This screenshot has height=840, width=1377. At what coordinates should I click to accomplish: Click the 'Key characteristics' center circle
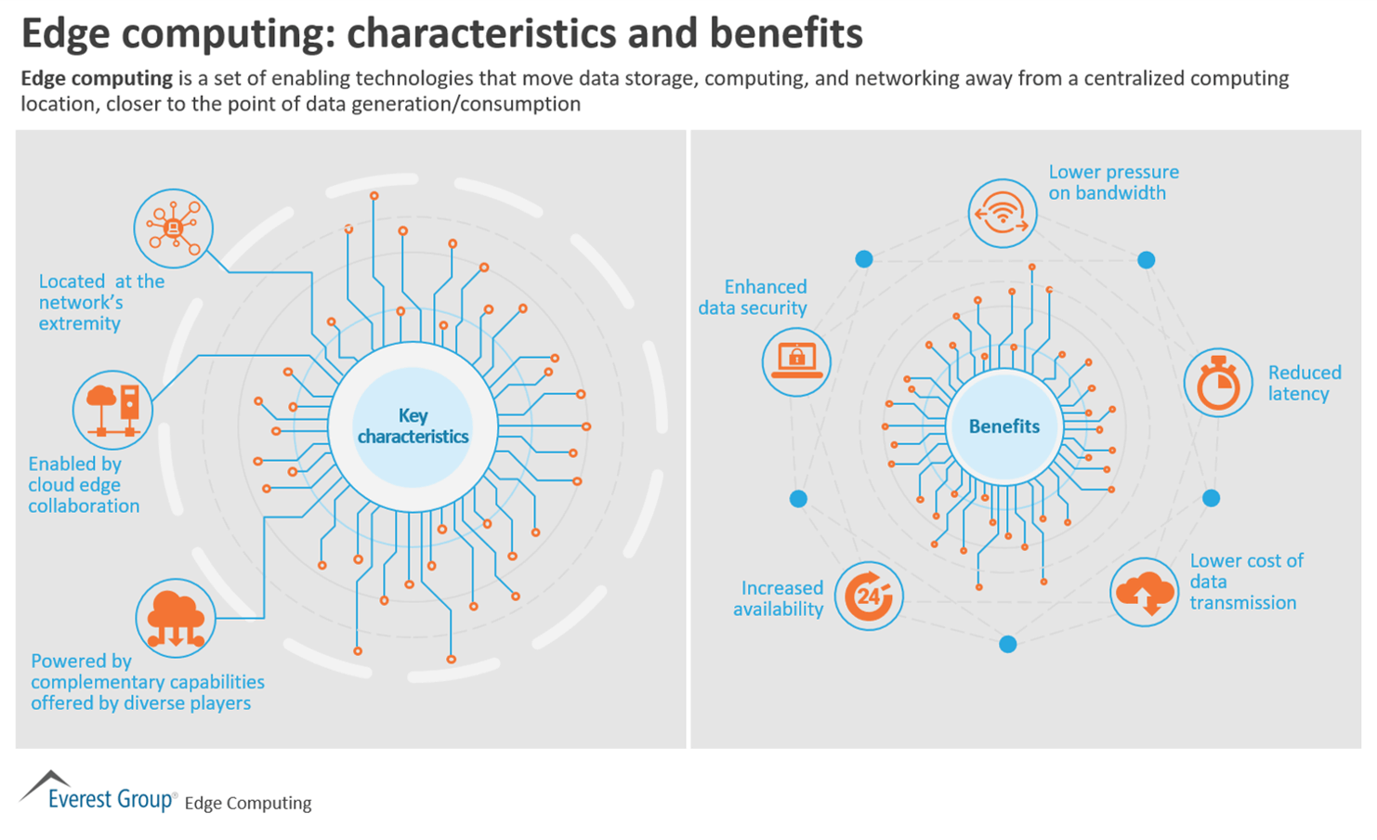[413, 427]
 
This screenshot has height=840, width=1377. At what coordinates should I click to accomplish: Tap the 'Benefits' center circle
[1003, 427]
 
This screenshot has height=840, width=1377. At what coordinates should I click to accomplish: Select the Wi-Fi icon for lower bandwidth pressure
[1002, 214]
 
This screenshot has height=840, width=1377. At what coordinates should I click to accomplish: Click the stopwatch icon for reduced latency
[1217, 383]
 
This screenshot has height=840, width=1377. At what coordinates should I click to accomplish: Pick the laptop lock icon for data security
[796, 361]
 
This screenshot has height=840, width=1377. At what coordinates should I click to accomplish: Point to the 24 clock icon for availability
[869, 596]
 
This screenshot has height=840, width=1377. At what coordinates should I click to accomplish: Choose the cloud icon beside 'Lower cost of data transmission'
[1145, 592]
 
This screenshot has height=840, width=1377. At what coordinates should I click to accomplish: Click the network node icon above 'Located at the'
[174, 229]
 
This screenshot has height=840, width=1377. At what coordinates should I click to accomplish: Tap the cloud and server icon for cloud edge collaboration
[112, 410]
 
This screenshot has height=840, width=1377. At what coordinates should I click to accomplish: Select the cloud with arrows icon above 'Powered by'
[176, 618]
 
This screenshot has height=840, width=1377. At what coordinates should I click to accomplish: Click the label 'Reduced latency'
[1304, 383]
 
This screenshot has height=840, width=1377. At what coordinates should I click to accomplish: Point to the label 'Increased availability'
[780, 598]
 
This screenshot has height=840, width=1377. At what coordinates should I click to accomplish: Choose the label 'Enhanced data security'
[754, 297]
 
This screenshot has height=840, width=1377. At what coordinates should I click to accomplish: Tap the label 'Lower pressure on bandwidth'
[1112, 182]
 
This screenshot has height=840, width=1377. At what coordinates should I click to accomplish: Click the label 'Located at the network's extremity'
[100, 302]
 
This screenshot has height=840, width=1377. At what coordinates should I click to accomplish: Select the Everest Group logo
[98, 793]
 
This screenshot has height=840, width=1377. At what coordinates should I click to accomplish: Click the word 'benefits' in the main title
[786, 33]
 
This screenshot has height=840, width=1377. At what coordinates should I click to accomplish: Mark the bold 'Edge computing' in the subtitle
[97, 78]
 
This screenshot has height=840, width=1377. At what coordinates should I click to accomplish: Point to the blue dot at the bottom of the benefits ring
[1007, 644]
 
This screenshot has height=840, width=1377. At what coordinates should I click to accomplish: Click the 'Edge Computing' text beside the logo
[248, 803]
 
